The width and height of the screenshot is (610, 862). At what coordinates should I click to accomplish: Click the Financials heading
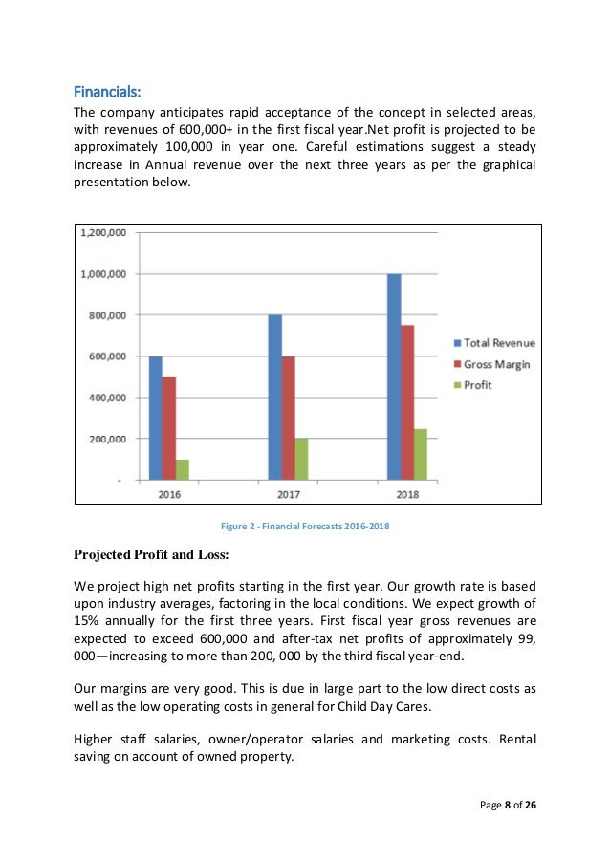coord(107,93)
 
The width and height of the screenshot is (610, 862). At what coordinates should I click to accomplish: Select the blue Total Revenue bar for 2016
coord(155,418)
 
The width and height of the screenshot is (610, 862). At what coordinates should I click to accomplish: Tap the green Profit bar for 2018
coord(421,454)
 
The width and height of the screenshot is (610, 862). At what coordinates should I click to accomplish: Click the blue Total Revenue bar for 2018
coord(394,377)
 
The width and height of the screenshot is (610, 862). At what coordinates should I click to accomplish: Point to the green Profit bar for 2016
coord(182,469)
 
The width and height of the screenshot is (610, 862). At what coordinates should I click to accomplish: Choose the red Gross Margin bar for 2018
coord(407,402)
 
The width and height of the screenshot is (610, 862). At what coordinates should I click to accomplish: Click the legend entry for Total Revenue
coord(492,342)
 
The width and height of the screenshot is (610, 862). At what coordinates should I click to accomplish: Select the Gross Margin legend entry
coord(490,364)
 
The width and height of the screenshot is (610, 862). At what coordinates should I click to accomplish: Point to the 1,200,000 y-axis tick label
coord(105,233)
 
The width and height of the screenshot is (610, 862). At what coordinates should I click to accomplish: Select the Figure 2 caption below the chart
coord(305,527)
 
